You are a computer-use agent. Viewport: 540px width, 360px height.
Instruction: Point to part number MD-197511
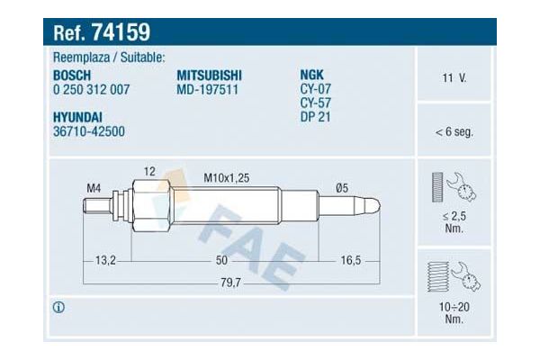(206, 90)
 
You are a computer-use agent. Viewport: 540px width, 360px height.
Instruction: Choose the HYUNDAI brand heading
(78, 116)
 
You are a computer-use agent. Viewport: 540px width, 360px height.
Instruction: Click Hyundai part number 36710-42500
(90, 130)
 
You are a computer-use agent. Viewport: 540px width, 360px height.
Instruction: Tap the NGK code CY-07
(316, 90)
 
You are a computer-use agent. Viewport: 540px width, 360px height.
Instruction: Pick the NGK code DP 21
(316, 117)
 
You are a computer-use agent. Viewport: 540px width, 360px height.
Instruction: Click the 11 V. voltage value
(454, 78)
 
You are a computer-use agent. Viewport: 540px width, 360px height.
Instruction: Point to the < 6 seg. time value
(454, 132)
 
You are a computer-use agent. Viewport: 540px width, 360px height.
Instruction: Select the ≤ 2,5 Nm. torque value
(454, 222)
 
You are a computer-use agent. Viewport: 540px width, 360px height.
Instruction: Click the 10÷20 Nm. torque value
(454, 312)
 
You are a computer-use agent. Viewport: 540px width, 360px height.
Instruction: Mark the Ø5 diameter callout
(342, 187)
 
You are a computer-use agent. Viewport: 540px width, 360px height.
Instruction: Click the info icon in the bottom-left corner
(59, 308)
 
